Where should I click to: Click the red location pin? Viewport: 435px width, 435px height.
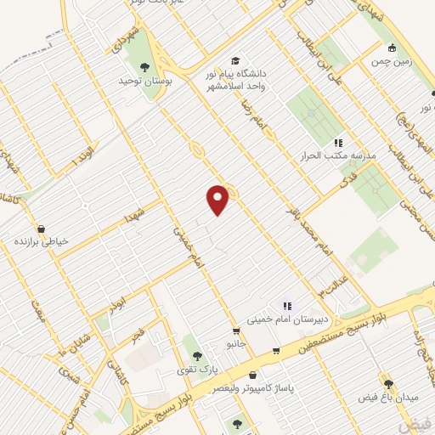tap(219, 200)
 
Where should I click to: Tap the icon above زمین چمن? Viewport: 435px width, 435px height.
tap(391, 48)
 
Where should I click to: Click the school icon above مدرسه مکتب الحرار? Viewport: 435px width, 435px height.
tap(338, 143)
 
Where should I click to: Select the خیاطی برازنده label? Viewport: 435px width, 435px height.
tap(40, 241)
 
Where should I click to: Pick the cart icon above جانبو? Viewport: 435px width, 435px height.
tap(236, 330)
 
